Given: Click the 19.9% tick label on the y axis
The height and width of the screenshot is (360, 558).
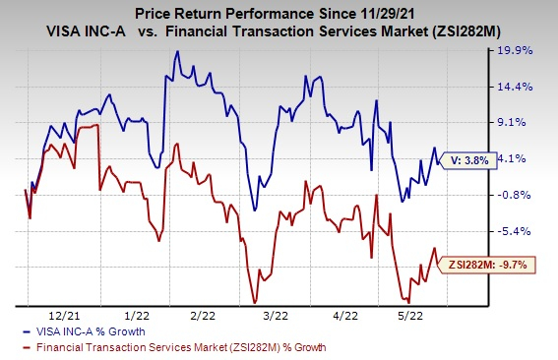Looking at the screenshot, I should [x=518, y=50].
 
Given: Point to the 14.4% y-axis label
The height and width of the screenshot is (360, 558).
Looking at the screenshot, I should [x=518, y=87].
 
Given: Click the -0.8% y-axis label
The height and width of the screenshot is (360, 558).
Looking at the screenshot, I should [x=516, y=195].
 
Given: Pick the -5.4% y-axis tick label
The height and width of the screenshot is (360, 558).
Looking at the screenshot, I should [x=516, y=231].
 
